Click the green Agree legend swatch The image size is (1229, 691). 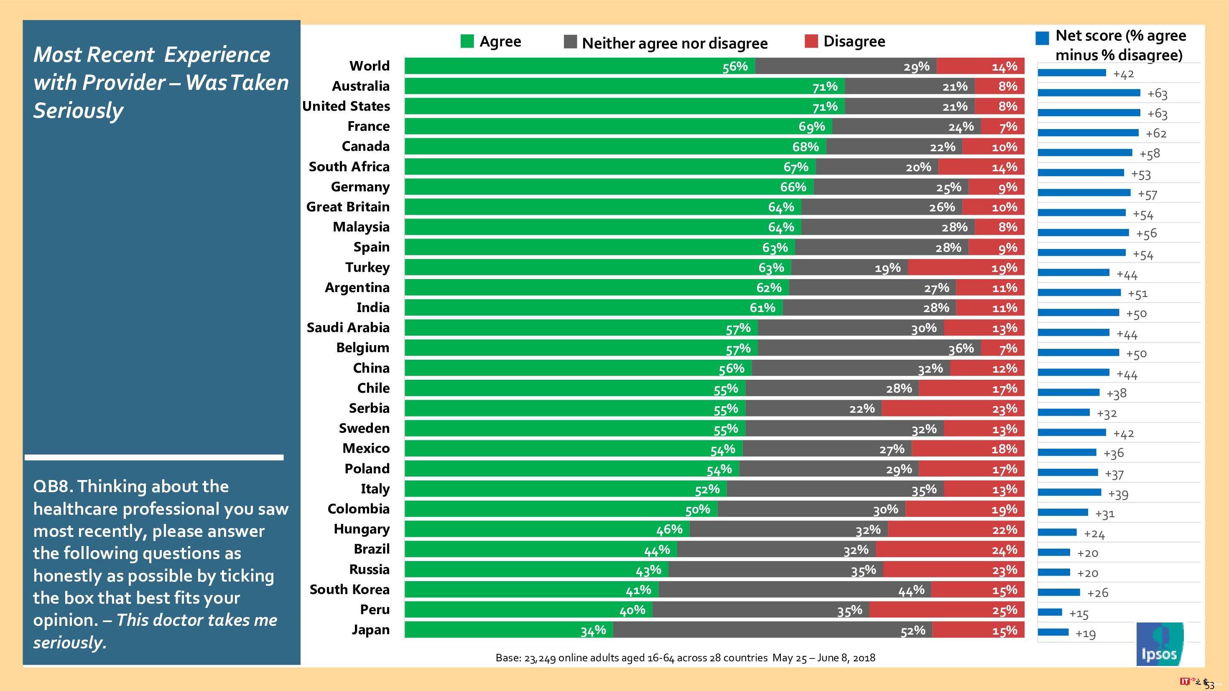point(467,41)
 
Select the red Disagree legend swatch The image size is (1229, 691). point(811,41)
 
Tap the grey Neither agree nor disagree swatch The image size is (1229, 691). point(570,42)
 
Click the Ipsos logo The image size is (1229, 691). point(1159,644)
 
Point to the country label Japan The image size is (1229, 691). point(370,630)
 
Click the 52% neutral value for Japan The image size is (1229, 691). point(913,631)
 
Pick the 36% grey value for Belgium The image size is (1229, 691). point(961,348)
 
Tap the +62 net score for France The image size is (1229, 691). point(1156,134)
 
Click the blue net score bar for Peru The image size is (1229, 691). point(1050,612)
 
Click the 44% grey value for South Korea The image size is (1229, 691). point(911,591)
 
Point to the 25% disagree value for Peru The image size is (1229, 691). point(1004,611)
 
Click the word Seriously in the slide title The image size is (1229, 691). point(78,111)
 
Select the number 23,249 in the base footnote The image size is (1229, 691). point(540,658)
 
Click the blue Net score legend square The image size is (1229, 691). point(1043,38)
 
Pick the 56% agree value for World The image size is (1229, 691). point(735,66)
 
